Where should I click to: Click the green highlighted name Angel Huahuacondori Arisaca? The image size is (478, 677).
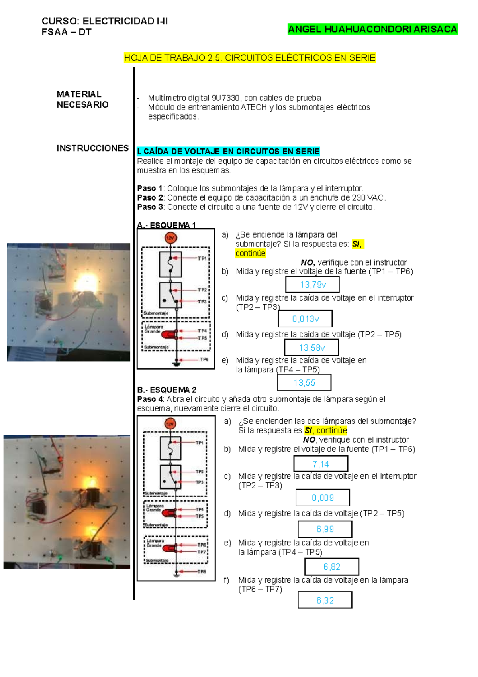click(x=372, y=29)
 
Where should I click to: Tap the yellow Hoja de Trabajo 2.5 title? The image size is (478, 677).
click(x=250, y=58)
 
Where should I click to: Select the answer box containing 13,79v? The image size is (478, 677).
click(x=313, y=285)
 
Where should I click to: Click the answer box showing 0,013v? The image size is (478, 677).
click(x=305, y=319)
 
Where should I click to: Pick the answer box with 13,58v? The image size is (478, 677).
click(x=311, y=348)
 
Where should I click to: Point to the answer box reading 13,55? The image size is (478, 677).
click(x=304, y=383)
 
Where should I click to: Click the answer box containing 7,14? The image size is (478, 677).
click(x=321, y=464)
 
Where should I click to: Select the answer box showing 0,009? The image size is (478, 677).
click(x=323, y=498)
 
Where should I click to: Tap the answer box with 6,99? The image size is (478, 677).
click(x=325, y=529)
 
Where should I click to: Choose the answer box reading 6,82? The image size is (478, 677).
click(x=332, y=567)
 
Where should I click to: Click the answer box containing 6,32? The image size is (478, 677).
click(x=325, y=600)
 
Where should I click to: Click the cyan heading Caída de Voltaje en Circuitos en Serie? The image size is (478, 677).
click(x=228, y=152)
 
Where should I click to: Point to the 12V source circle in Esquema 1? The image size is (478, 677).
click(x=170, y=238)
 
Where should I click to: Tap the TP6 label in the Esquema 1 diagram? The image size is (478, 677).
click(x=204, y=360)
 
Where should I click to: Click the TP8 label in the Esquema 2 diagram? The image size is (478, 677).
click(x=202, y=571)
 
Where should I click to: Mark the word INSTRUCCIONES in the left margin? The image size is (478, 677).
click(x=92, y=148)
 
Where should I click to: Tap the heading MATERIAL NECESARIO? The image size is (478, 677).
click(x=82, y=99)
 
